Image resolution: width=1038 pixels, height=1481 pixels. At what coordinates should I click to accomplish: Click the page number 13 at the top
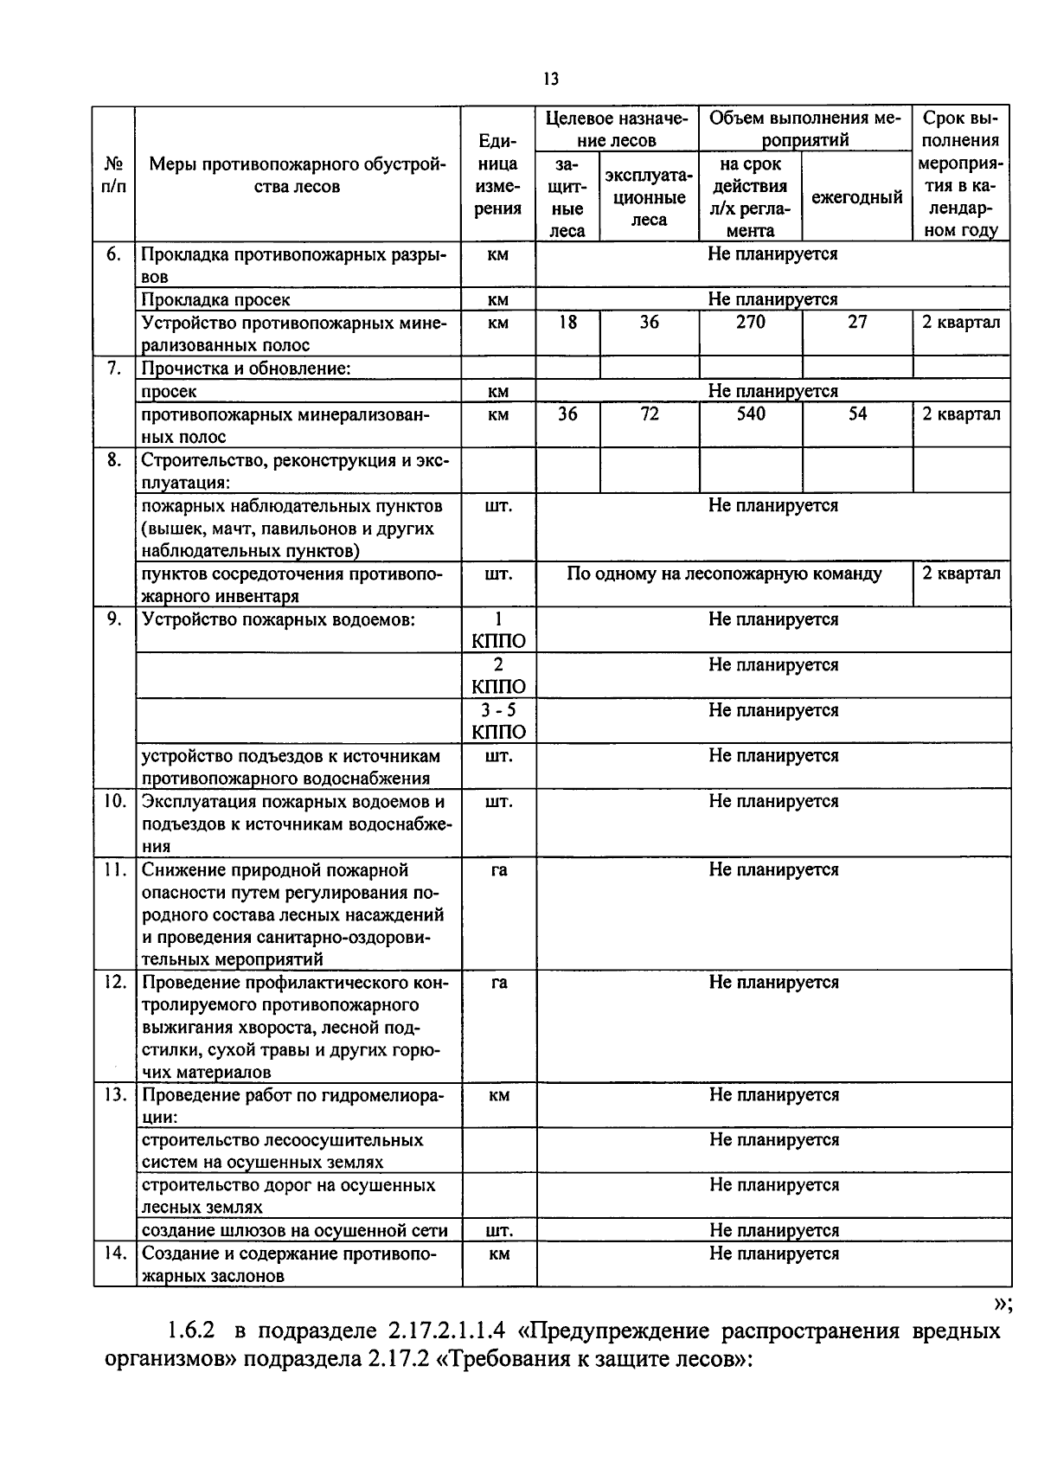pos(551,80)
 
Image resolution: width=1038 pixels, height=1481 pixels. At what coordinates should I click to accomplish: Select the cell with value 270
pos(750,322)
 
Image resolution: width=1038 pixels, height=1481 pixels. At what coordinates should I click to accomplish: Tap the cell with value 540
pos(750,414)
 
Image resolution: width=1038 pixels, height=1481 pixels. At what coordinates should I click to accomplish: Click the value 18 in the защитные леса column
pos(567,322)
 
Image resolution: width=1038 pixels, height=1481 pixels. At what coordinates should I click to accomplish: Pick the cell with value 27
pos(856,322)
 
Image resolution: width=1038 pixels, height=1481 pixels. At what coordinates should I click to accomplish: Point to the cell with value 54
pos(856,414)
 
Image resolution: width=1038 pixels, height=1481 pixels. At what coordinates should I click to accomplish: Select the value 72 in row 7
pos(649,414)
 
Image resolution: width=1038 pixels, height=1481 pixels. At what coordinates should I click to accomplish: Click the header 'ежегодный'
pos(856,197)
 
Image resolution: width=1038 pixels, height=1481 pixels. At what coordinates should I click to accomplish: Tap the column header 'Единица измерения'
pos(498,175)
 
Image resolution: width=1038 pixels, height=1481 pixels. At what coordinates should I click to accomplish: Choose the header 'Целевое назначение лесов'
pos(617,129)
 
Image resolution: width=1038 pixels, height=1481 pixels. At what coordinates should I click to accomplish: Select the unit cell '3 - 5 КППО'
pos(498,721)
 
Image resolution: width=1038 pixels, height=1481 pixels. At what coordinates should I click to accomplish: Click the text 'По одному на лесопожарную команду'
pos(724,574)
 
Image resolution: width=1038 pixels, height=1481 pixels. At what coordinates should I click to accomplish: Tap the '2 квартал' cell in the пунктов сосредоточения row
pos(960,574)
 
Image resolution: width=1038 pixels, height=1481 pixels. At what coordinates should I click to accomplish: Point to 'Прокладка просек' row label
pos(215,299)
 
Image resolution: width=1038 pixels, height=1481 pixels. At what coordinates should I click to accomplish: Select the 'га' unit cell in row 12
pos(498,983)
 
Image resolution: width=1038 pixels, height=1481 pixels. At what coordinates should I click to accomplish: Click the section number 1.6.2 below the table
pos(192,1330)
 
